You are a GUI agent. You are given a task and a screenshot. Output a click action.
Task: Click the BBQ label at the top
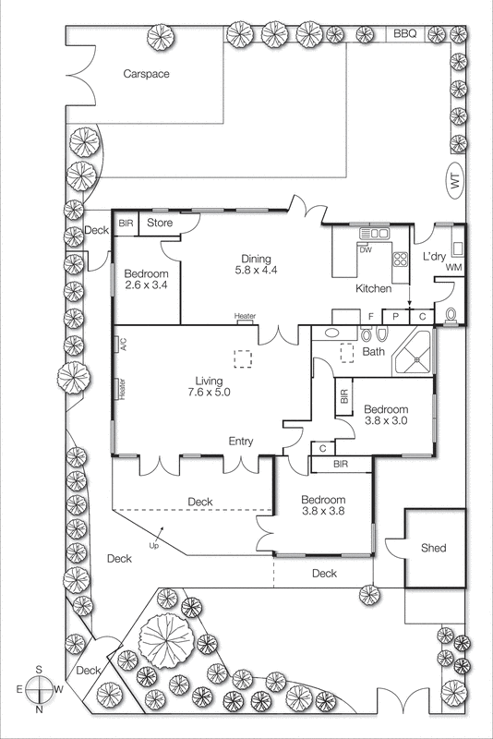click(405, 33)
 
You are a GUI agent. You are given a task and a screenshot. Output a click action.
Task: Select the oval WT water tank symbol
click(453, 182)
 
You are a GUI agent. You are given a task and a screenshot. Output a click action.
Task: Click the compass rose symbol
click(40, 690)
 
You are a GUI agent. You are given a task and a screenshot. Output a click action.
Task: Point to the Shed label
click(433, 548)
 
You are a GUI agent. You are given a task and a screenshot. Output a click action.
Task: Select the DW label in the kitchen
click(367, 250)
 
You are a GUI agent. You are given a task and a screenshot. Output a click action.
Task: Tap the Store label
click(161, 223)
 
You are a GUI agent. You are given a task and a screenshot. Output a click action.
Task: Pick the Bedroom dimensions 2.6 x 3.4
click(147, 286)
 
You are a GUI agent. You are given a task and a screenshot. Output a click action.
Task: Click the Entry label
click(241, 442)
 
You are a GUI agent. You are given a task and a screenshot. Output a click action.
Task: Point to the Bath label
click(373, 352)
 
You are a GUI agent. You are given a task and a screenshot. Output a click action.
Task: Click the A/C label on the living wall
click(121, 344)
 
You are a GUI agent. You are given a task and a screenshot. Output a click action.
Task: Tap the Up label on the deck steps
click(152, 544)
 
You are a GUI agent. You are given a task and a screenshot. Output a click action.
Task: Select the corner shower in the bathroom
click(415, 356)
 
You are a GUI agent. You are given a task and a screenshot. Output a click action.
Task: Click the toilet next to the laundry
click(451, 314)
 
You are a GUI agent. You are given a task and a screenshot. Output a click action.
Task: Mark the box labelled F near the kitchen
click(371, 316)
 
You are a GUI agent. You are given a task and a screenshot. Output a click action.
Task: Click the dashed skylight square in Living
click(243, 357)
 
